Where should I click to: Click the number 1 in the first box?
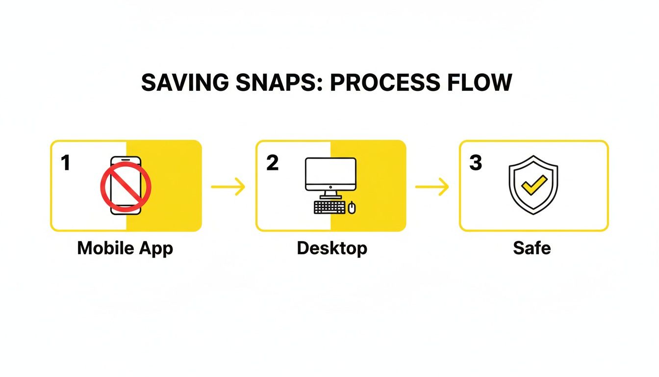(65, 163)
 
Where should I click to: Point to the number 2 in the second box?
(272, 163)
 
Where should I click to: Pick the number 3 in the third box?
(476, 163)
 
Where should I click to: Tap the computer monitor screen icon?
(330, 174)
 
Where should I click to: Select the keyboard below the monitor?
(329, 207)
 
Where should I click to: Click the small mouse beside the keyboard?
(352, 208)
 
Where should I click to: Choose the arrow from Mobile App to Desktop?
(228, 187)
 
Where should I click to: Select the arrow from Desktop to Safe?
(432, 187)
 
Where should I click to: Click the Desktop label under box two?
(332, 248)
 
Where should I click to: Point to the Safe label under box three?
(532, 248)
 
